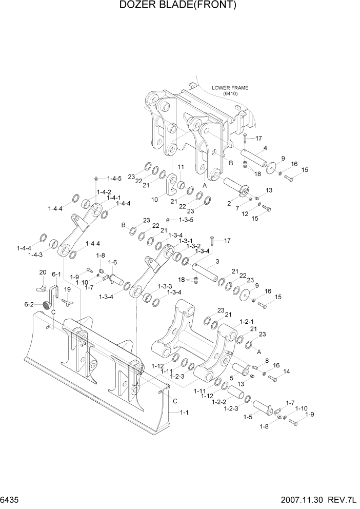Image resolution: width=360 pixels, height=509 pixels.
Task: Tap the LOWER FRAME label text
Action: click(230, 88)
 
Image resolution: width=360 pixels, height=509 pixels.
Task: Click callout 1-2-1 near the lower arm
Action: click(247, 321)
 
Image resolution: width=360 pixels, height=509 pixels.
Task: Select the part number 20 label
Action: click(43, 272)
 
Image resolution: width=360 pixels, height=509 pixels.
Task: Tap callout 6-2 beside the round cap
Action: click(30, 304)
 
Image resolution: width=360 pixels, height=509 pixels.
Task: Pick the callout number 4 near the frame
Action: click(266, 148)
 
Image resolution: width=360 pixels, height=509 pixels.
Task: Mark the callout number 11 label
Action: click(181, 167)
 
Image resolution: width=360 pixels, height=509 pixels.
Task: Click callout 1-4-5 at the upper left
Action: click(114, 179)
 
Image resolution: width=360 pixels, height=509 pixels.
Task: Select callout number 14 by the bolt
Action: click(286, 371)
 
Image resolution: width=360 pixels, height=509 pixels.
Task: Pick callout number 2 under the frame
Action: click(229, 204)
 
